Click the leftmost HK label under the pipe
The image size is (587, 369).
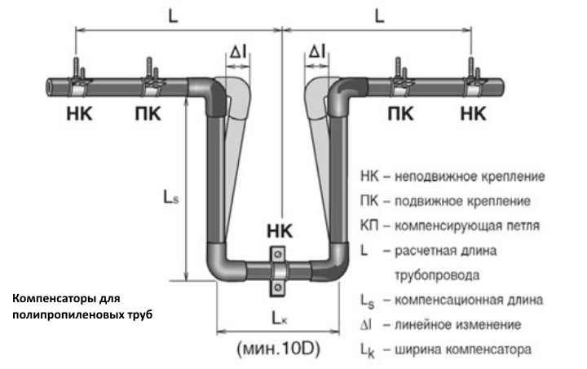pyautogui.click(x=80, y=113)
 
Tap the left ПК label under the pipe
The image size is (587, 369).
pyautogui.click(x=148, y=113)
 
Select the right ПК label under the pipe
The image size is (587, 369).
pyautogui.click(x=399, y=113)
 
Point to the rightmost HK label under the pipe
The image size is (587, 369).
pyautogui.click(x=472, y=113)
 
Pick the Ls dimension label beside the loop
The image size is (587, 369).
pyautogui.click(x=170, y=197)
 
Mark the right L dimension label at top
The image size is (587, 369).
pyautogui.click(x=380, y=15)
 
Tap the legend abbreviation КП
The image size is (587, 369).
pyautogui.click(x=369, y=224)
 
